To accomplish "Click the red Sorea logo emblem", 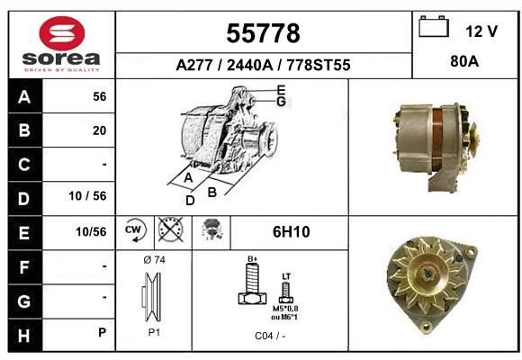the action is pyautogui.click(x=62, y=33).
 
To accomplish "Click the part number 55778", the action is pyautogui.click(x=263, y=33).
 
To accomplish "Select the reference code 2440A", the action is pyautogui.click(x=249, y=65).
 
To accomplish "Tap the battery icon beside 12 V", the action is pyautogui.click(x=434, y=26).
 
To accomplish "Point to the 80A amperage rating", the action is pyautogui.click(x=464, y=61).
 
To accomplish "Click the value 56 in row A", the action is pyautogui.click(x=100, y=96).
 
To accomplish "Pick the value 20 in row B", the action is pyautogui.click(x=100, y=130).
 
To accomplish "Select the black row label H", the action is pyautogui.click(x=24, y=336).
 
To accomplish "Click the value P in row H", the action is pyautogui.click(x=103, y=332).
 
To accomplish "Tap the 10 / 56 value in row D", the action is pyautogui.click(x=87, y=196).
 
